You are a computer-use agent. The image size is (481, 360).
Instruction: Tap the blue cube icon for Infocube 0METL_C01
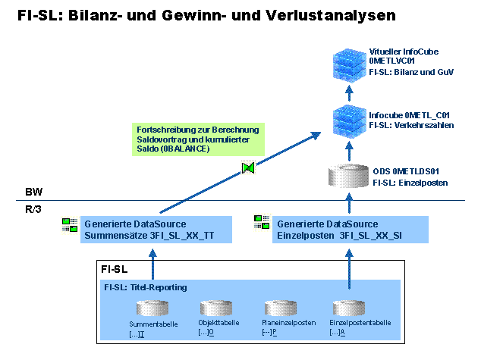point(350,122)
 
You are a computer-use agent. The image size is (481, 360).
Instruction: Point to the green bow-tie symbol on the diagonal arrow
point(247,167)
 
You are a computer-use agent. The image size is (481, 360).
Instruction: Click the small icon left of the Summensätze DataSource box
point(70,224)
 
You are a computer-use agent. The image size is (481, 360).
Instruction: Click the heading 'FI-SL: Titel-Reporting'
point(145,287)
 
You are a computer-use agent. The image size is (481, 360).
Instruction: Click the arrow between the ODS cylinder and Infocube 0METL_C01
point(350,150)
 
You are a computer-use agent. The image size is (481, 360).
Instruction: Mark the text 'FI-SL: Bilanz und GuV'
point(410,72)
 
